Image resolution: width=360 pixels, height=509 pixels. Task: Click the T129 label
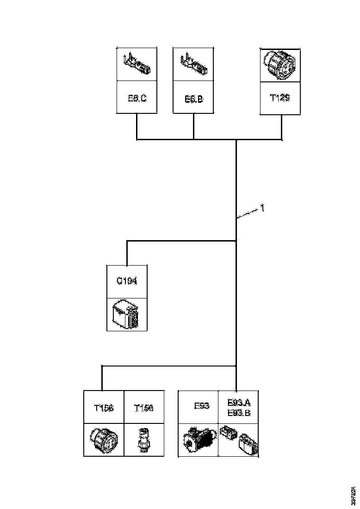coord(280,98)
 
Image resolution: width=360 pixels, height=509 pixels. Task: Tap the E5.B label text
coord(193,99)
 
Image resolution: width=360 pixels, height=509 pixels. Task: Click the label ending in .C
coord(137,98)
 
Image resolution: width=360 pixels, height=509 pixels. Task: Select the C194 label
coord(127,281)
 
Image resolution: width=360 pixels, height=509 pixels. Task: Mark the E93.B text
coord(239,412)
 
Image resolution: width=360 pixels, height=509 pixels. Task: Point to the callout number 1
coord(262,209)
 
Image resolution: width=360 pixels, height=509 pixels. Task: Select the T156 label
coord(104,408)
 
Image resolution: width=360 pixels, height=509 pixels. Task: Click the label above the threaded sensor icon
coord(143,408)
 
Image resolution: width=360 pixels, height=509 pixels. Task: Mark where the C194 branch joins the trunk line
coord(236,241)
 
